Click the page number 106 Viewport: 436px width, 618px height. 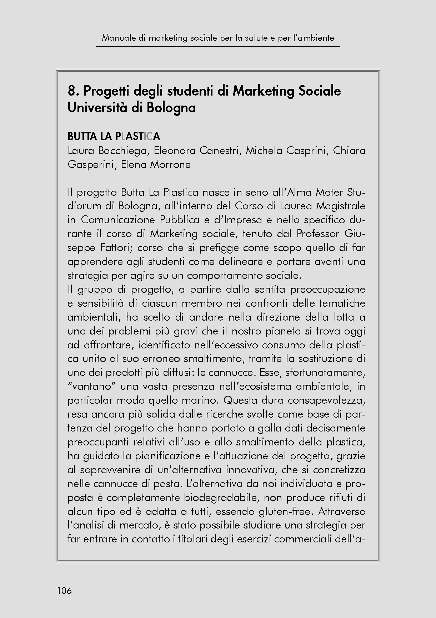pos(64,591)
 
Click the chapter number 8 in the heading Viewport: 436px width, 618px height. pos(71,91)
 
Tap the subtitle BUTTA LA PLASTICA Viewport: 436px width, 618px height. pos(114,136)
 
